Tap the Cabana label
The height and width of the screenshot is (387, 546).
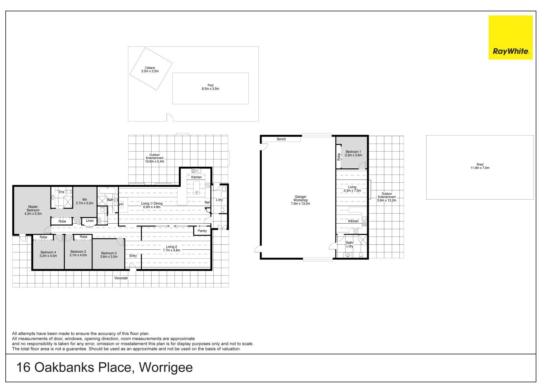pos(149,68)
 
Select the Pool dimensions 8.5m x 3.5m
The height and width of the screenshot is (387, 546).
pos(210,89)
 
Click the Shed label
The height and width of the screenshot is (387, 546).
pos(480,164)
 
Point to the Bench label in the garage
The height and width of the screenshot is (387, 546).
pos(281,139)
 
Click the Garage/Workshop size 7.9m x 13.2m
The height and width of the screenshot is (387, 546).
pos(300,204)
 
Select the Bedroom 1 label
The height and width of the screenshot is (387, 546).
pos(353,152)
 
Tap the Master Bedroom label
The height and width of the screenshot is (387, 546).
pos(33,208)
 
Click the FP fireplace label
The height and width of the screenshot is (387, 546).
pos(121,205)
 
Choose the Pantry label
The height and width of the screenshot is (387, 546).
pos(202,231)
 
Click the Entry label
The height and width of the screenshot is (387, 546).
pos(133,255)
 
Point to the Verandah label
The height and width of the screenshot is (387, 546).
pos(121,278)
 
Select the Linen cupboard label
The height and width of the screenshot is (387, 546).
pos(90,220)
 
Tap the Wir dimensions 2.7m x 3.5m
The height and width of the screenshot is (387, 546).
pos(85,203)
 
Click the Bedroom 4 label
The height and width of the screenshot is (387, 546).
pos(48,252)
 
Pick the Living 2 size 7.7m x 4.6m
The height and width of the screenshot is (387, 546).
pos(172,250)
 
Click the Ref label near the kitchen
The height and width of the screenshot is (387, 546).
pos(207,202)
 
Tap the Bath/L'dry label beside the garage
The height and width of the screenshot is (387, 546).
pos(350,244)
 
